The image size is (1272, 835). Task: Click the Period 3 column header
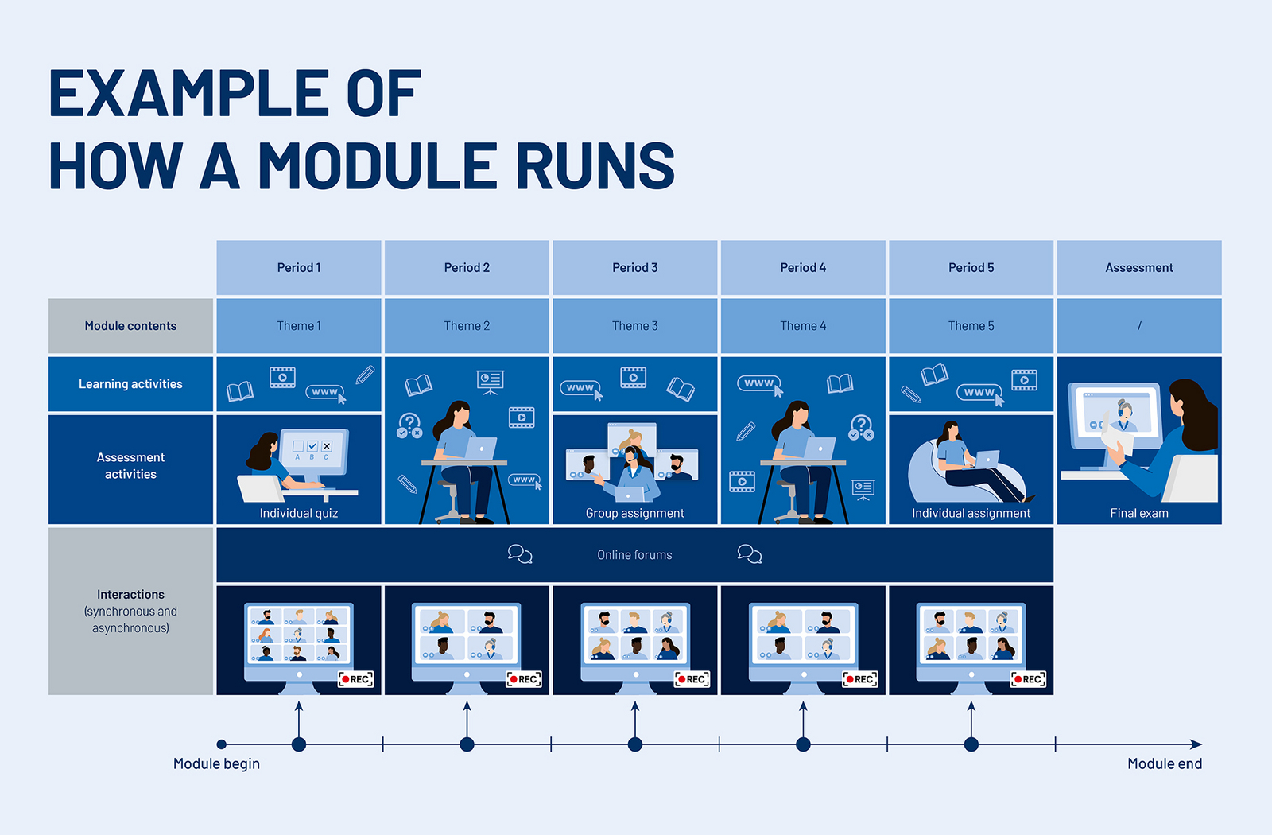pos(634,268)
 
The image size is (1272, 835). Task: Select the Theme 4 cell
pos(803,326)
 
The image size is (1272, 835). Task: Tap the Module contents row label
pos(130,326)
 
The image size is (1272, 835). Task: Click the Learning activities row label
pos(130,384)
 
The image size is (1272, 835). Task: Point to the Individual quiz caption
pos(299,514)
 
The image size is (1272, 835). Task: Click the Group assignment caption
pos(634,514)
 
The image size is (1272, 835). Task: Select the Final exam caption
pos(1138,514)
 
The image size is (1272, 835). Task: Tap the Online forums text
pos(634,555)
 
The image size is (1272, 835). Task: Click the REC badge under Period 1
pos(355,679)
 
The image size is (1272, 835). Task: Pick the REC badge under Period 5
pos(1028,679)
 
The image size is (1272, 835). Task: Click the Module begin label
pos(216,763)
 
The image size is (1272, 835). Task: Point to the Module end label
pos(1164,763)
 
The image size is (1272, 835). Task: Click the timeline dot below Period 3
pos(634,744)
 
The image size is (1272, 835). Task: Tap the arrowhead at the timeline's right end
pos(1196,744)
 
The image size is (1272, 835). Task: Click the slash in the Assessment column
pos(1138,326)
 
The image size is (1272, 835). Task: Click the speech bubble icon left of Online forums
pos(520,554)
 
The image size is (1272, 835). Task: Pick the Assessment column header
pos(1138,268)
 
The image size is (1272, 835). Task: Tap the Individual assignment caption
pos(971,514)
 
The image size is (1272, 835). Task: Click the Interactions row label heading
pos(130,595)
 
